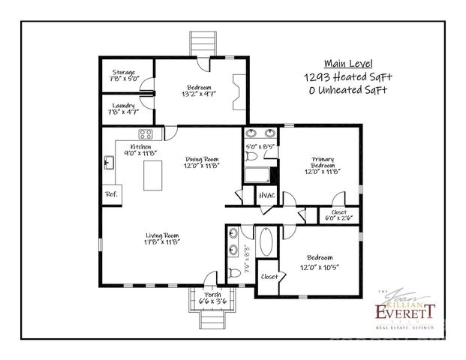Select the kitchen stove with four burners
(146, 135)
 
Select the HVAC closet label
(266, 196)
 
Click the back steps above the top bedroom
(200, 43)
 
